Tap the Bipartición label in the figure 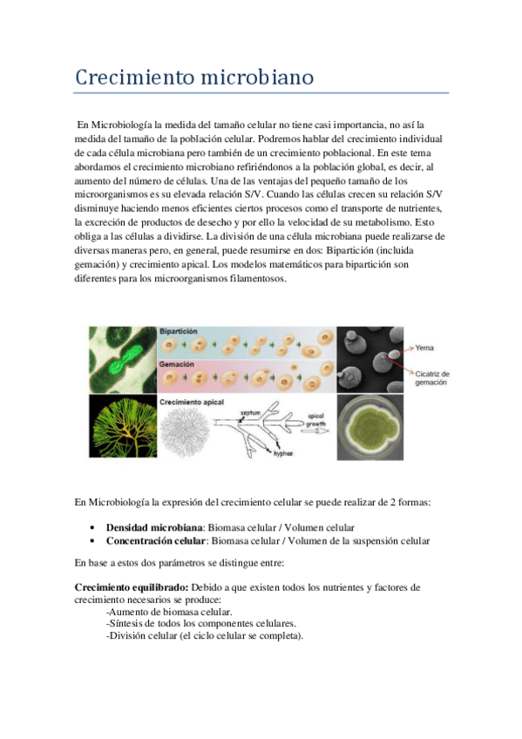[x=179, y=332]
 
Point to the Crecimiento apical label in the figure [x=192, y=401]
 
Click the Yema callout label [x=424, y=348]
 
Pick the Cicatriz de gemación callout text [x=431, y=378]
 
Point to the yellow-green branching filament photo [x=122, y=428]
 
